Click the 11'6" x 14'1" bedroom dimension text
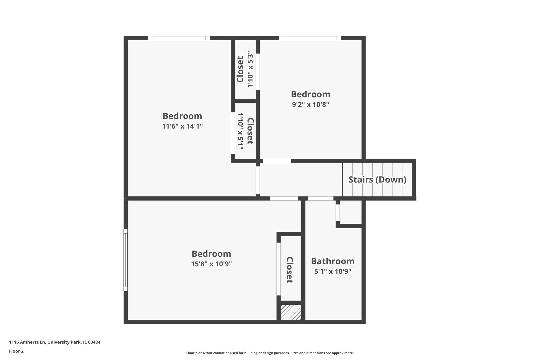coord(182,126)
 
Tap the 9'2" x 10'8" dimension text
coord(310,104)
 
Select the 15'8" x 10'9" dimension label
coord(211,264)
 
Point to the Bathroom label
coord(332,261)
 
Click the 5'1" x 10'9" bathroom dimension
coord(332,271)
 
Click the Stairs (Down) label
coord(377,180)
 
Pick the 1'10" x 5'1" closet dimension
coord(240,131)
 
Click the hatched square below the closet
coord(291,312)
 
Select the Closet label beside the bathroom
coord(290,270)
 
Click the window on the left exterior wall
coord(126,260)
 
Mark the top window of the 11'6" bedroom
coord(179,38)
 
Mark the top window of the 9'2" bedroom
coord(310,38)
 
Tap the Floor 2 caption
coord(16,351)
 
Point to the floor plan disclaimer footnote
coord(270,353)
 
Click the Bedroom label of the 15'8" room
coord(211,254)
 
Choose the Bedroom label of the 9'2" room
coord(310,94)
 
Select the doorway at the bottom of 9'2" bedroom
coord(277,161)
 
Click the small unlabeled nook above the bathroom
coord(350,212)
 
